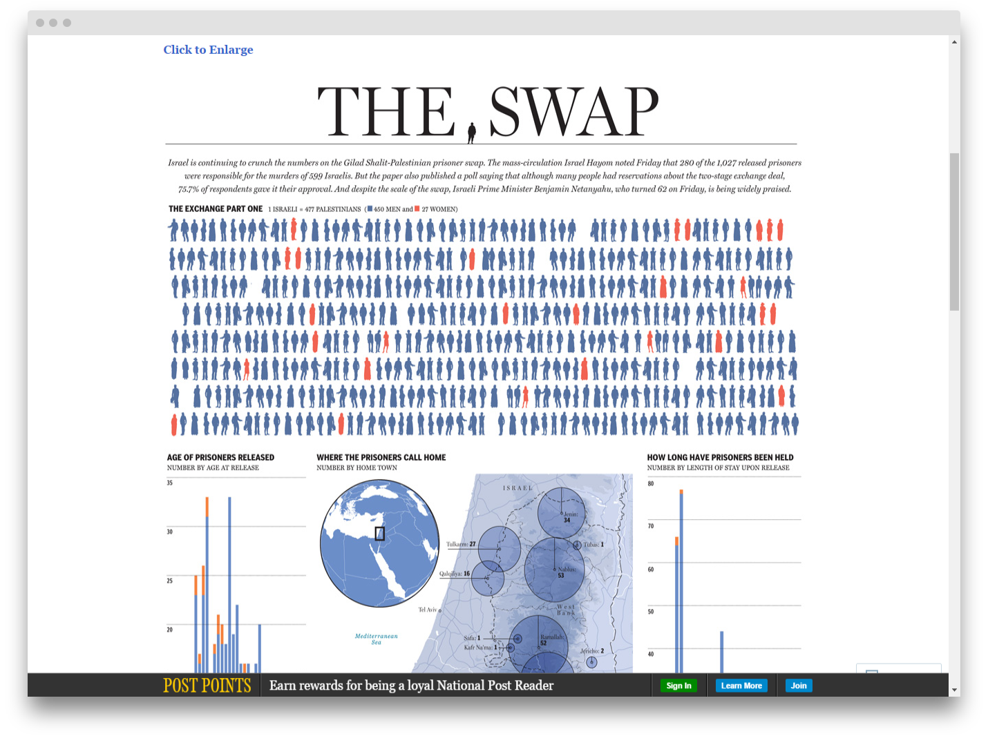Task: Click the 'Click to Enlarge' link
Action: pyautogui.click(x=208, y=50)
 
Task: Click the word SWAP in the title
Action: pyautogui.click(x=573, y=112)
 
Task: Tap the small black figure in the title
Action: pyautogui.click(x=472, y=132)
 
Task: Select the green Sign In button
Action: pyautogui.click(x=678, y=686)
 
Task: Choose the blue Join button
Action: pyautogui.click(x=799, y=686)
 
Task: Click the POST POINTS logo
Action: pyautogui.click(x=207, y=686)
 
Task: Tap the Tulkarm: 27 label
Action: pyautogui.click(x=461, y=544)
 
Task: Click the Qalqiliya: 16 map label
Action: pyautogui.click(x=455, y=574)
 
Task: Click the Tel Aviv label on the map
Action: pyautogui.click(x=428, y=610)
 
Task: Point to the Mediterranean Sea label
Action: pyautogui.click(x=376, y=639)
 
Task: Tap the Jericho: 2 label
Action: pyautogui.click(x=591, y=651)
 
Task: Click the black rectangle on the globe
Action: pyautogui.click(x=379, y=534)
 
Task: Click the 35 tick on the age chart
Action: pyautogui.click(x=170, y=483)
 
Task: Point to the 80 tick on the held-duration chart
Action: pyautogui.click(x=650, y=483)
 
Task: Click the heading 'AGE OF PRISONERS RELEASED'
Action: pyautogui.click(x=220, y=457)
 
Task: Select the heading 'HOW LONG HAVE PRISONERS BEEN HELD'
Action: pyautogui.click(x=720, y=457)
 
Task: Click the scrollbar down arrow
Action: pyautogui.click(x=954, y=690)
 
